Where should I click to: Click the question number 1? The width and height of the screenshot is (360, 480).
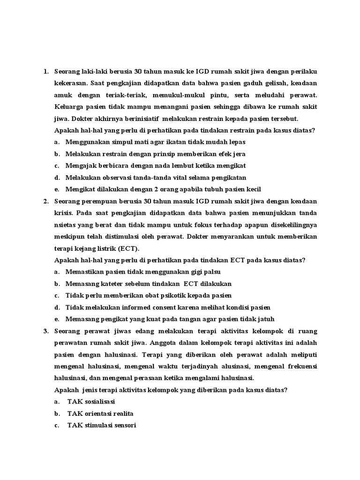(45, 71)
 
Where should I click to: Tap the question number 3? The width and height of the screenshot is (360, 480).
(45, 332)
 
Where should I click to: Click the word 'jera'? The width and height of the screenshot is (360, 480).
(238, 154)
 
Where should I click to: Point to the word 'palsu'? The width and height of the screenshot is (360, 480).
(211, 272)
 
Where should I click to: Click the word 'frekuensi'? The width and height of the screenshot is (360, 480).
(300, 367)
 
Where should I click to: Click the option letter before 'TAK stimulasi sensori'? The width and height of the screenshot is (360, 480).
(56, 426)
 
